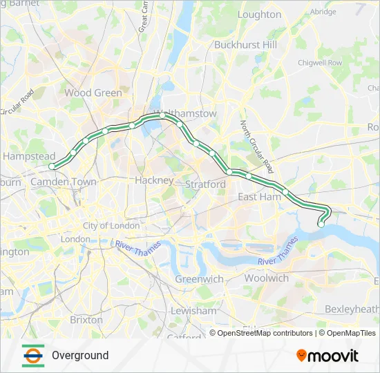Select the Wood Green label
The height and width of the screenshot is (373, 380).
point(93,93)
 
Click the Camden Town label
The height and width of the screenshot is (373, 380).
point(64,182)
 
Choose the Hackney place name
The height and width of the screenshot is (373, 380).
point(155,180)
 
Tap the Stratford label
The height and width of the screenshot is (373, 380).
point(205,184)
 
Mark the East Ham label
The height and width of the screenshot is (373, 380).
point(257,197)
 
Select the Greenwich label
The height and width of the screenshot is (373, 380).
point(199,279)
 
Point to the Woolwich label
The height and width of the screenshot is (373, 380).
point(267,278)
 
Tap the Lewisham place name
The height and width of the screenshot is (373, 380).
point(194,311)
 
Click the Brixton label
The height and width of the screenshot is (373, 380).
point(86,320)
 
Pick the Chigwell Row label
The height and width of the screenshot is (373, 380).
point(320,62)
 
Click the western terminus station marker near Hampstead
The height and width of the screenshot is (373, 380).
point(52,166)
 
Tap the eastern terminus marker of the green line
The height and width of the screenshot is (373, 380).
point(321,224)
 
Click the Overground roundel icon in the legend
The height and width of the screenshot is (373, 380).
point(32,355)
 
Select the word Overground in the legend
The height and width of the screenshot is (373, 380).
point(80,355)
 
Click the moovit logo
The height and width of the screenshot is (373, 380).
point(327,355)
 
